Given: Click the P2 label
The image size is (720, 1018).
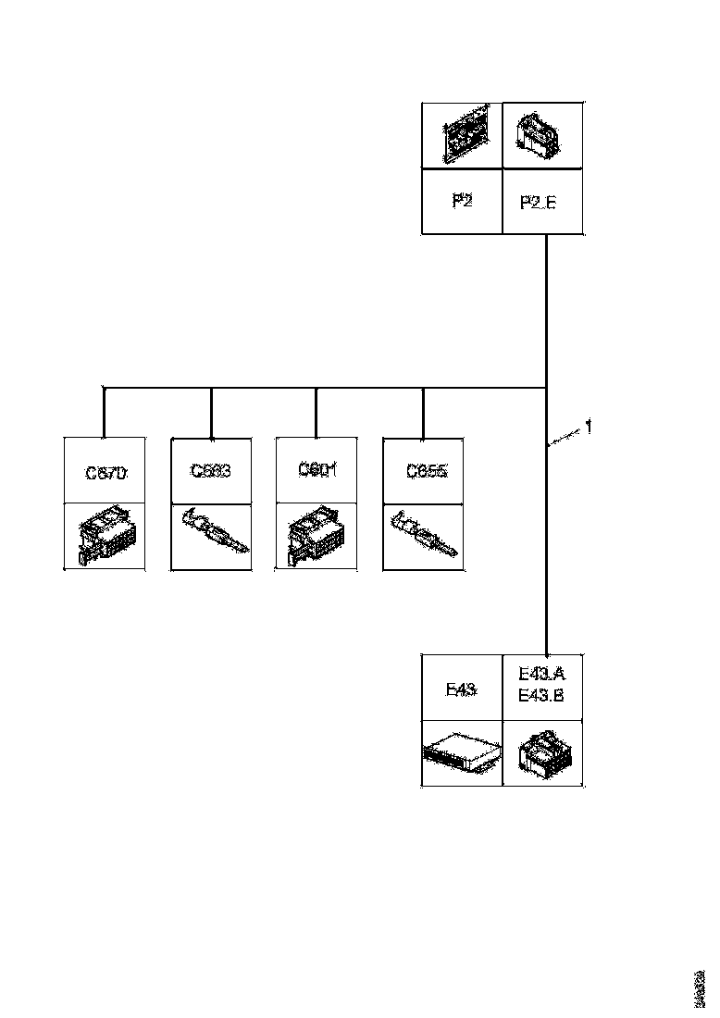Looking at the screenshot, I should pos(461,201).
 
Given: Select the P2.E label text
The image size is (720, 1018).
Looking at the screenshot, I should pos(538,202).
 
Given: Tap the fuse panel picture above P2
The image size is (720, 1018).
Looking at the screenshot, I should pos(461,135).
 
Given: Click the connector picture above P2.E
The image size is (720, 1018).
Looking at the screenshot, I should pos(541,135).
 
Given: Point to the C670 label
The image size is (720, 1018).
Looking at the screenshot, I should pos(106,473).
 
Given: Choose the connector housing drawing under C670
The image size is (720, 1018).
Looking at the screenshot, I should pos(106,538).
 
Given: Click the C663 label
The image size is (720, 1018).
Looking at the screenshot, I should pos(211,471).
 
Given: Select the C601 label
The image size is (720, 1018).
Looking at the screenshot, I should pos(317,469).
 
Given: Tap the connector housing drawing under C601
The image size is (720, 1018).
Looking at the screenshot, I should pos(317,538).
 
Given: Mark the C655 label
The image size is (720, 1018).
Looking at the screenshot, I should pos(427,471).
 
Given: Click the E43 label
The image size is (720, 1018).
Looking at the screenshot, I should pos(461,689).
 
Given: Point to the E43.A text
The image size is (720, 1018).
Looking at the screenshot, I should pos(542,677).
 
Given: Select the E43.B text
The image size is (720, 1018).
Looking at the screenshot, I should pos(542,696).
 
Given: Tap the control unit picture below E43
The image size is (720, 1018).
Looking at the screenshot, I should pos(461,753).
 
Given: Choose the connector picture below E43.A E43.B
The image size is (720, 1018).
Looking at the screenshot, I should pos(543,753).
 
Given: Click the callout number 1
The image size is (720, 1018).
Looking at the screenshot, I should pos(588,427).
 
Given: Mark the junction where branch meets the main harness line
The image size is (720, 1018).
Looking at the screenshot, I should pos(548,387).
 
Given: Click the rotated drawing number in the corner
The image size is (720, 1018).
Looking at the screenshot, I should pos(700,988).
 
